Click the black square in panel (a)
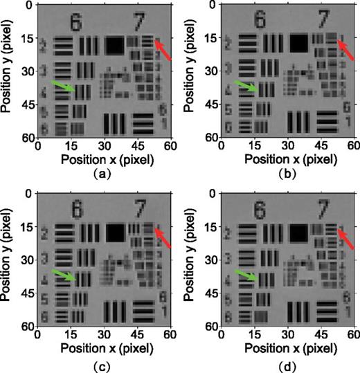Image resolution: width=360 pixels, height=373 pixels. [x=114, y=45]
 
